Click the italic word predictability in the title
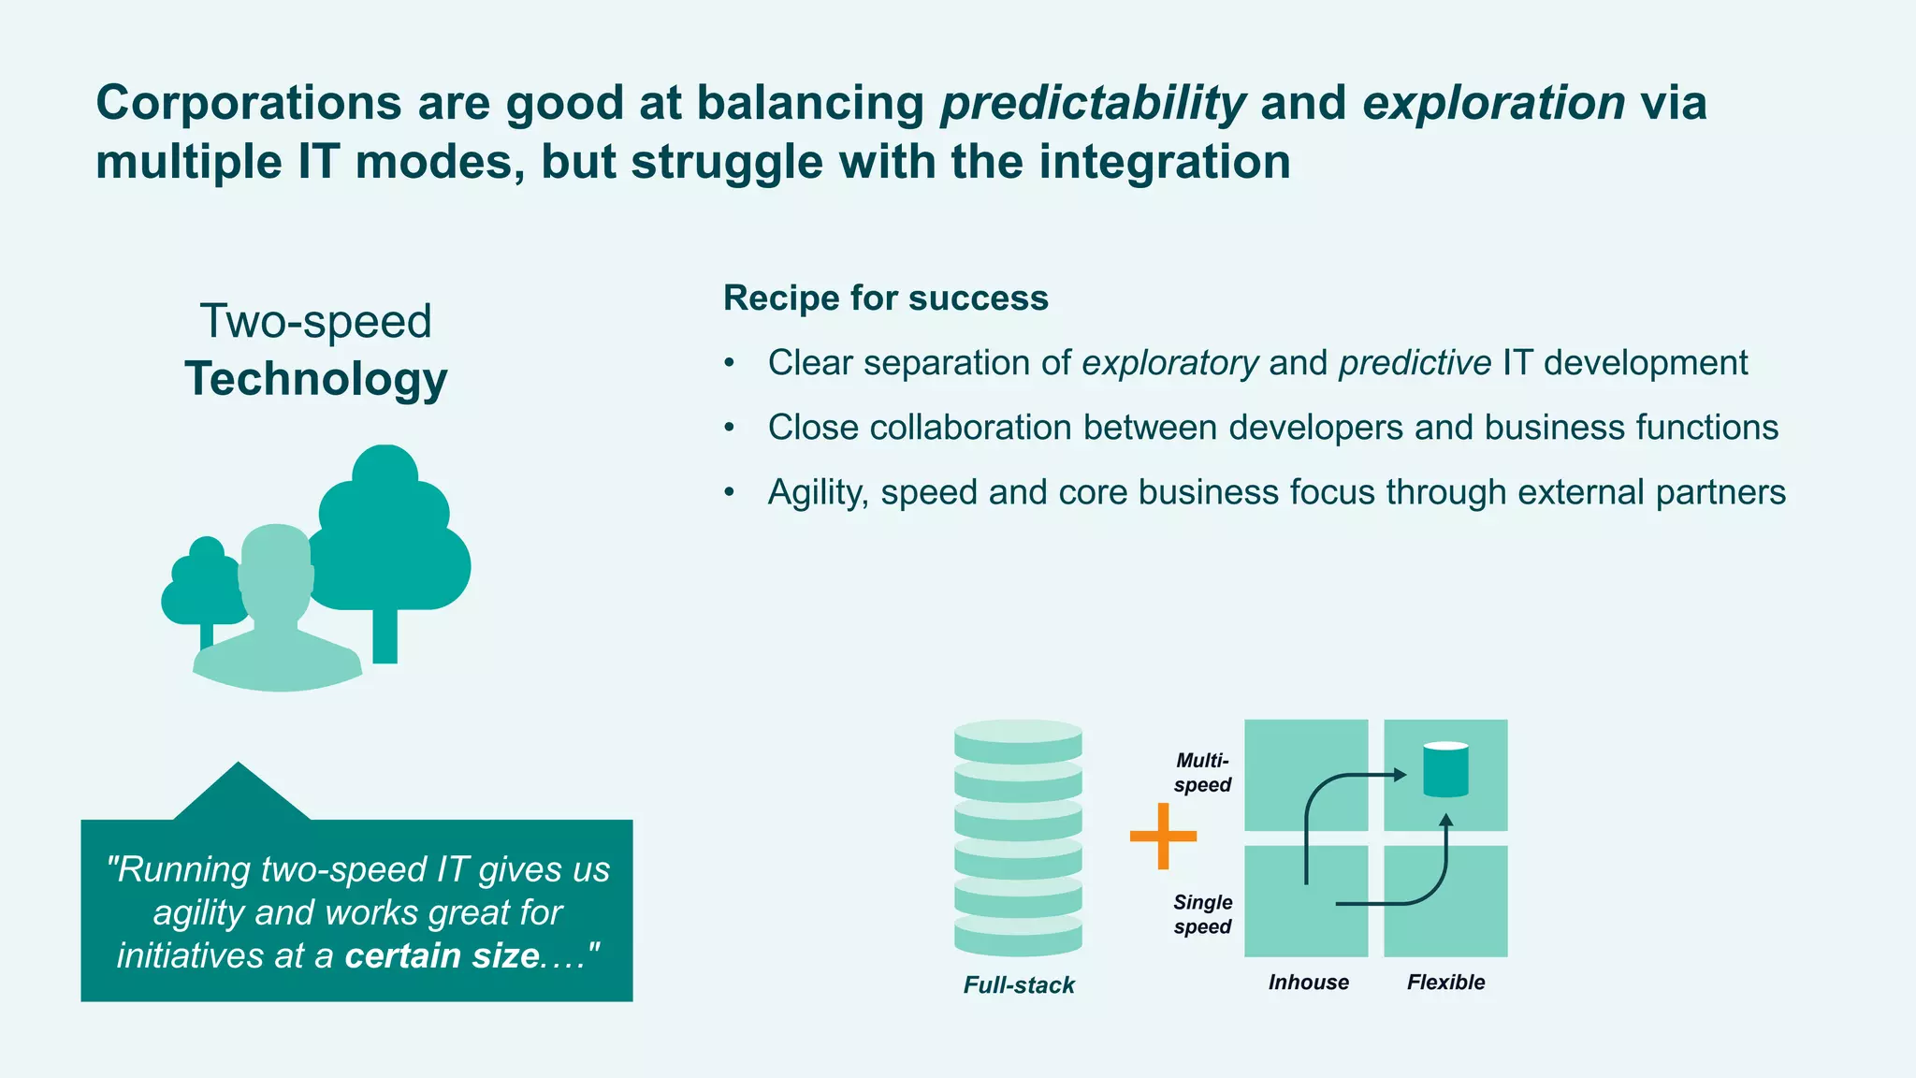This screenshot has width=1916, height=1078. pos(1093,103)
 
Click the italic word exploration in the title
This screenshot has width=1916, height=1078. pos(1493,103)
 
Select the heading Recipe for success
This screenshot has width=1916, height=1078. pos(885,299)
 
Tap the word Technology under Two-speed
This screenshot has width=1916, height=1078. pos(316,379)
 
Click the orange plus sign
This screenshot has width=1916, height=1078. pos(1163,836)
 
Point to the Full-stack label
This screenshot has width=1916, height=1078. pos(1019,984)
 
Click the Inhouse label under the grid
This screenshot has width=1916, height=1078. pos(1308,982)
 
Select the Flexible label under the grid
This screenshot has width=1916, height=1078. pos(1445,982)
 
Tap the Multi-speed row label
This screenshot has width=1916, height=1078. pos(1202,773)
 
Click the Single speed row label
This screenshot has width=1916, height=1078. pos(1202,914)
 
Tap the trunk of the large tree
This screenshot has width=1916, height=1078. pos(385,636)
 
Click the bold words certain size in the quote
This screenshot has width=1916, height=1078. pos(442,956)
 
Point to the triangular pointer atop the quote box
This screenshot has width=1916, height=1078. pos(239,794)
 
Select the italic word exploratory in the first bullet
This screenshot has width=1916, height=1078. pos(1169,363)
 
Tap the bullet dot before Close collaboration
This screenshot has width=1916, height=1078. pos(730,428)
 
